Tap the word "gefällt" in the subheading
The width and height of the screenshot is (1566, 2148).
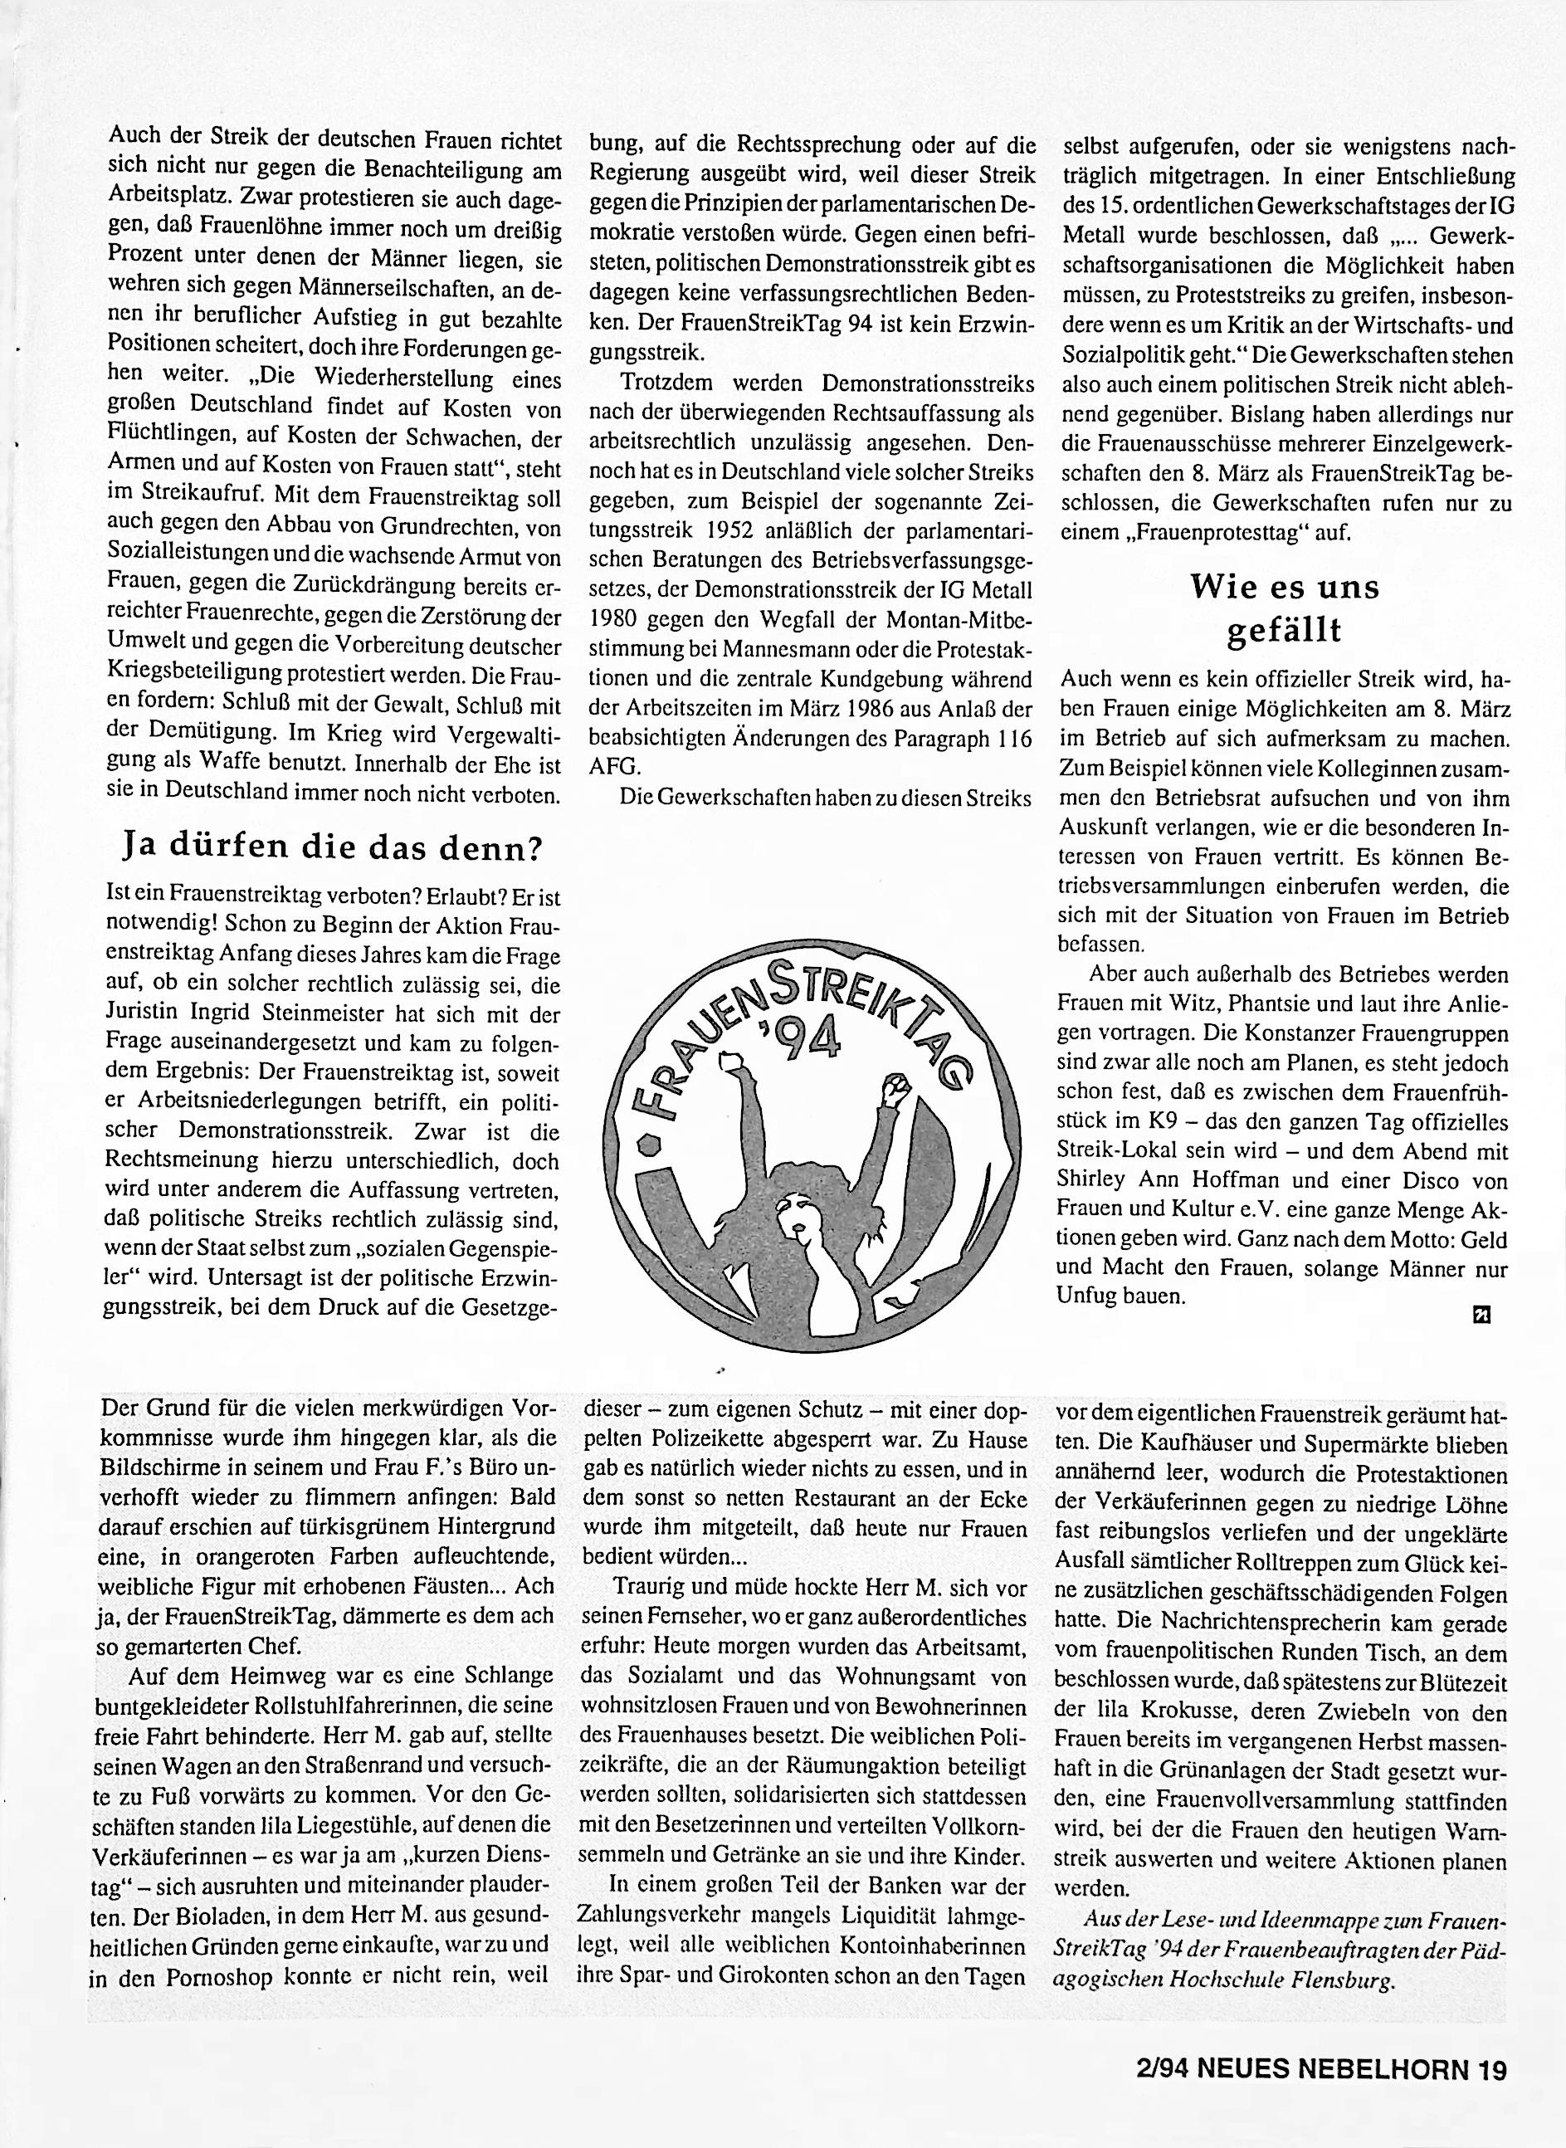pyautogui.click(x=1285, y=630)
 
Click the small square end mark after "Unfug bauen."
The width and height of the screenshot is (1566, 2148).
pyautogui.click(x=1479, y=1314)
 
